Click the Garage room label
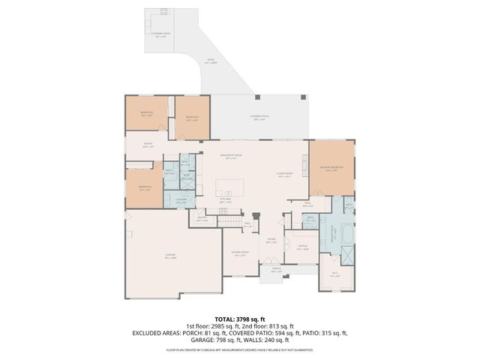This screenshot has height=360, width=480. pyautogui.click(x=171, y=255)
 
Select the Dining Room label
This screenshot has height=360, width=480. pyautogui.click(x=239, y=253)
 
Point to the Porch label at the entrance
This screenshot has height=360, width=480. pyautogui.click(x=276, y=269)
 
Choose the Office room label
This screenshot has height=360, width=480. pyautogui.click(x=302, y=247)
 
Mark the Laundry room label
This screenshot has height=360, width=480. pyautogui.click(x=181, y=201)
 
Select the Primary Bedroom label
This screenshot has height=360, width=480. pyautogui.click(x=331, y=167)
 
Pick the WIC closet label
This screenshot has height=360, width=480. pyautogui.click(x=334, y=274)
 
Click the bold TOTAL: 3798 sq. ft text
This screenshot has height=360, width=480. pyautogui.click(x=239, y=318)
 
